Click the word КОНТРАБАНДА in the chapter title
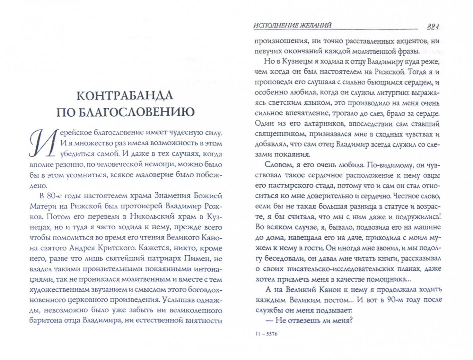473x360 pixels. tap(125, 96)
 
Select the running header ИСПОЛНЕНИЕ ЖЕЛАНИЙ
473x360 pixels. tap(292, 25)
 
